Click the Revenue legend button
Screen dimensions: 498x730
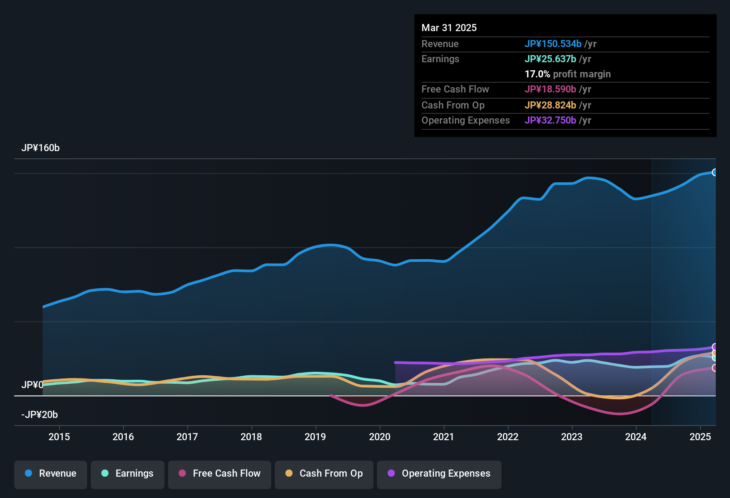click(51, 474)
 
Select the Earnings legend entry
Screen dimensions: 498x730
click(128, 474)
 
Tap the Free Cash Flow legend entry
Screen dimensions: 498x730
click(220, 474)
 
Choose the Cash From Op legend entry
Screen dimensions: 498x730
click(324, 474)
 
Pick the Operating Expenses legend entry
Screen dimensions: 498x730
click(439, 474)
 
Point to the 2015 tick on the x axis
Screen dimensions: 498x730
click(59, 437)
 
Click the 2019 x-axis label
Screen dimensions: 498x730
click(315, 437)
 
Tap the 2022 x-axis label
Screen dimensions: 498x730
click(508, 437)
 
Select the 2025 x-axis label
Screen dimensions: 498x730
click(700, 437)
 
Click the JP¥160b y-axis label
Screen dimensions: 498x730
click(40, 148)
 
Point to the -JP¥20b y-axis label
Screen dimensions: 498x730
click(40, 415)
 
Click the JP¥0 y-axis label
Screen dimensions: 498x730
click(32, 385)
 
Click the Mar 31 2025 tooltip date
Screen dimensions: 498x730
click(449, 28)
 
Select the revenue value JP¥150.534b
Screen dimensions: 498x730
click(553, 44)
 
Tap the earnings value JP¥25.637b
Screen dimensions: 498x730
click(550, 59)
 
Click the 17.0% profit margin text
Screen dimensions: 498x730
click(567, 74)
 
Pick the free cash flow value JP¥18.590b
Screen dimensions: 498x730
click(550, 89)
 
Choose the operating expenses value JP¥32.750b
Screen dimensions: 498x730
click(550, 120)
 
